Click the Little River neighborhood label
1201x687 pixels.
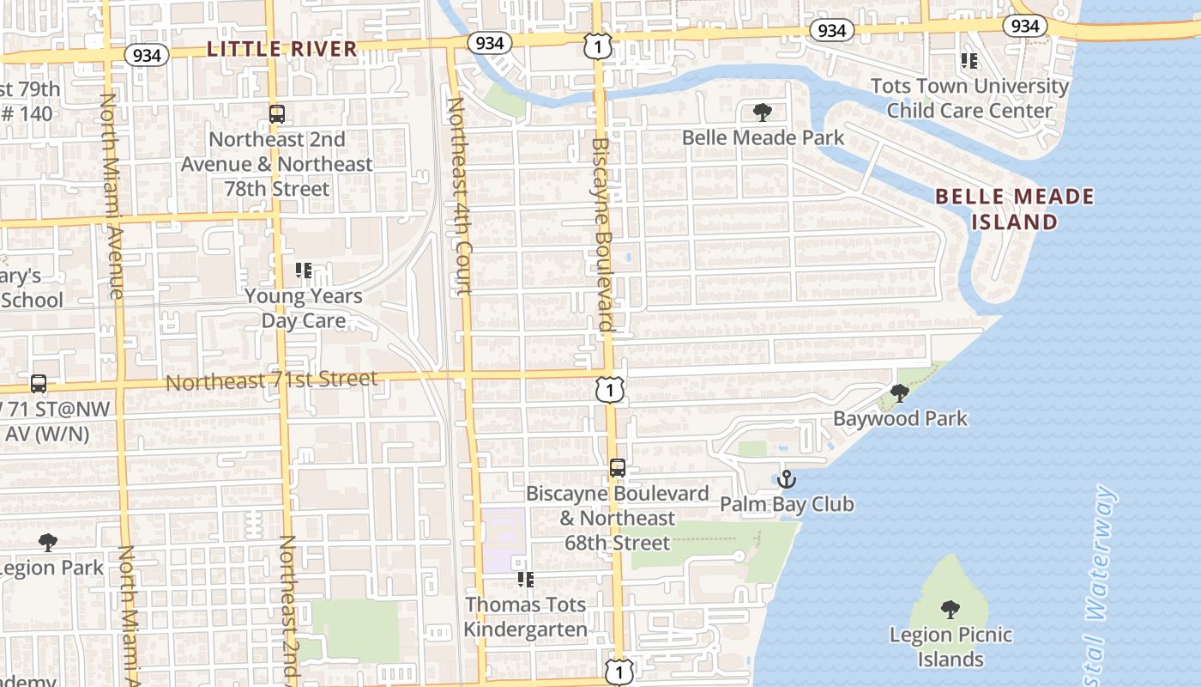click(282, 49)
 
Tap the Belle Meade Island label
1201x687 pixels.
click(1014, 209)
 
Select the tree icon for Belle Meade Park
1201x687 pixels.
click(761, 112)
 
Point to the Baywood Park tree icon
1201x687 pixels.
click(899, 393)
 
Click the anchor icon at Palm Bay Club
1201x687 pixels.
click(787, 478)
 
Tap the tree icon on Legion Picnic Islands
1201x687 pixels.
click(950, 610)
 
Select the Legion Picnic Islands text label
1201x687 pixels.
click(951, 647)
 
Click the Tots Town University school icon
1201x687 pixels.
click(969, 61)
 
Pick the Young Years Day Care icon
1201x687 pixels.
click(303, 271)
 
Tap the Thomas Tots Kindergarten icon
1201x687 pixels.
click(526, 580)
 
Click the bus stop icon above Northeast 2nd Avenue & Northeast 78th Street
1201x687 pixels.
click(276, 113)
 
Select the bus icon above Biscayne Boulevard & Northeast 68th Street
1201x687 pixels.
click(618, 468)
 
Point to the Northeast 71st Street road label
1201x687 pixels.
click(271, 380)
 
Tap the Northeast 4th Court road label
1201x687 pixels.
click(459, 196)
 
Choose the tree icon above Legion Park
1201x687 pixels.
click(48, 543)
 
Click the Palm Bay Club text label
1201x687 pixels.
click(787, 504)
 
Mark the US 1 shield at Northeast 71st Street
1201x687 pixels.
click(609, 391)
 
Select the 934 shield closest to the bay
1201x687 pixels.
click(1025, 26)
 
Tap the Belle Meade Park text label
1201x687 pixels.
click(763, 137)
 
